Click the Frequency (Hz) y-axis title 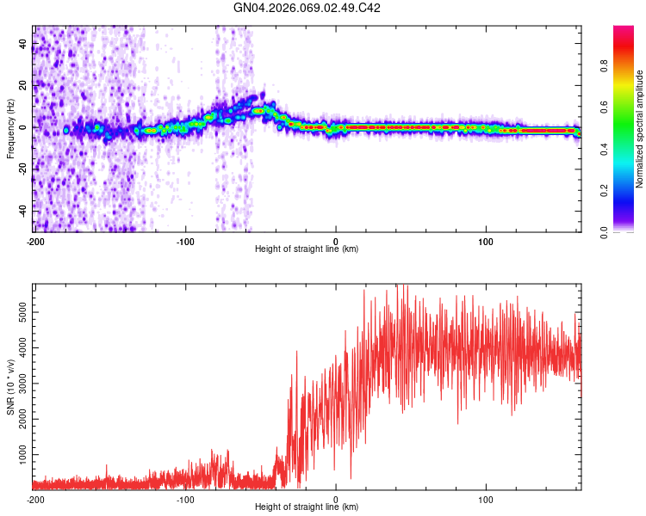[x=10, y=128]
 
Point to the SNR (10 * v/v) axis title [x=10, y=386]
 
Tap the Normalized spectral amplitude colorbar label [x=640, y=129]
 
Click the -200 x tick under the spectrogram [x=35, y=241]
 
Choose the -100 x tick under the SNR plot [x=185, y=499]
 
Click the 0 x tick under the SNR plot [x=336, y=499]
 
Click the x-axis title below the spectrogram [x=307, y=249]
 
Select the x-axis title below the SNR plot [x=307, y=507]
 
